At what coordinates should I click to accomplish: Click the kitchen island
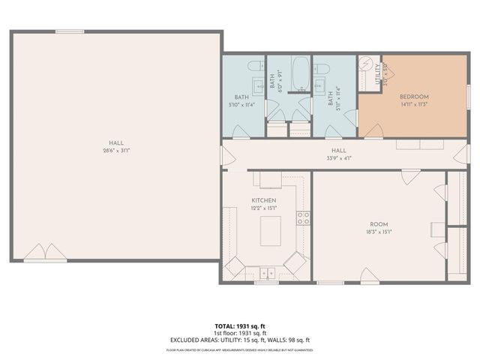271,231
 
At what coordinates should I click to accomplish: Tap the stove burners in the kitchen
304,218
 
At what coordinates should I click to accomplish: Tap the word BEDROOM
413,97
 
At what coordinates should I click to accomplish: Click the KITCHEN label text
264,201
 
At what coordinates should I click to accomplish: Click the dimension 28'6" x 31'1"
115,150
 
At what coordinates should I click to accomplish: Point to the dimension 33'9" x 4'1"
339,158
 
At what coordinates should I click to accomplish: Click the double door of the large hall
45,251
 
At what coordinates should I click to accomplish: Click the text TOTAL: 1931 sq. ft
239,326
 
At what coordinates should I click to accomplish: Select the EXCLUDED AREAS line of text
239,340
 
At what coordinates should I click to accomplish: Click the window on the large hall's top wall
69,31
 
